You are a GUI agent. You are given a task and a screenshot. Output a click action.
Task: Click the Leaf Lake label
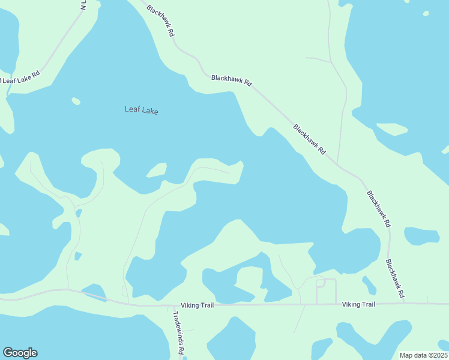point(141,110)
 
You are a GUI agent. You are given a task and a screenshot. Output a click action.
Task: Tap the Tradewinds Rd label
point(178,333)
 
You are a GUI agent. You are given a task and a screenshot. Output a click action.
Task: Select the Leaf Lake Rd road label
point(20,77)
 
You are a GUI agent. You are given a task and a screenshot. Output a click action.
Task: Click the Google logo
point(20,353)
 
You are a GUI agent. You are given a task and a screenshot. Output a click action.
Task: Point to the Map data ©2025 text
point(423,355)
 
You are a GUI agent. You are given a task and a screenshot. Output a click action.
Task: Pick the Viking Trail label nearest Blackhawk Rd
point(358,305)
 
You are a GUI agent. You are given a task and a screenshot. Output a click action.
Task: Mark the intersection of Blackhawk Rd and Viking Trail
point(404,303)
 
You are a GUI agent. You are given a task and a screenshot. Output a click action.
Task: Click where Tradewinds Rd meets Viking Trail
point(169,305)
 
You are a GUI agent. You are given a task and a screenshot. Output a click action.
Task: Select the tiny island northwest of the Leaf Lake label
point(76,101)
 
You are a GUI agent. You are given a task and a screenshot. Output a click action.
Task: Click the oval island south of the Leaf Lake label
point(157,171)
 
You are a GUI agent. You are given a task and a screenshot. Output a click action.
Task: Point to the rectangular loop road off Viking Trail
point(326,290)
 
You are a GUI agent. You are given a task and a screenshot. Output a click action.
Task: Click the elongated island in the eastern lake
point(392,128)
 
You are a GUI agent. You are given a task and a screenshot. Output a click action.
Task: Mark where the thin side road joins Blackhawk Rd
point(337,164)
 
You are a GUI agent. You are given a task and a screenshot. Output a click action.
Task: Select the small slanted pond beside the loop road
point(369,284)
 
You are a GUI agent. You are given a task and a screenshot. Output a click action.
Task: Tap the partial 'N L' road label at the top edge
point(83,6)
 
